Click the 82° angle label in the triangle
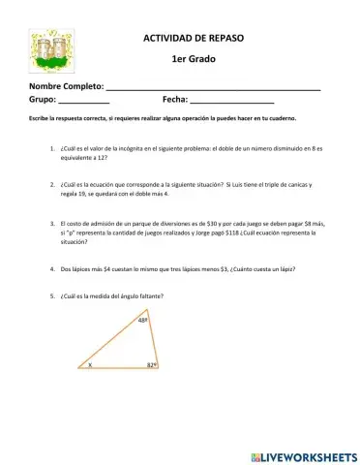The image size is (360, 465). (x=152, y=366)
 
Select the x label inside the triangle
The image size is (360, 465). (x=90, y=366)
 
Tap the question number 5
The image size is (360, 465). (x=50, y=294)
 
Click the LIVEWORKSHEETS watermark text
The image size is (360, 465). (x=303, y=454)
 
